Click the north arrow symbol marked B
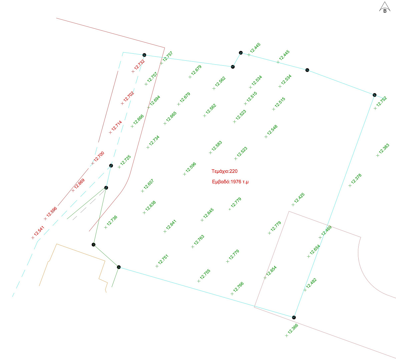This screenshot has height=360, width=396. click(x=385, y=7)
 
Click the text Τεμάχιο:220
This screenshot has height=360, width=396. click(x=224, y=171)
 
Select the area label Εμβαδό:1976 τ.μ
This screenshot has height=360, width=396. click(x=230, y=182)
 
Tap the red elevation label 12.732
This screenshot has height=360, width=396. click(x=139, y=65)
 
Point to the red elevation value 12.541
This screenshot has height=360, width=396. click(x=39, y=231)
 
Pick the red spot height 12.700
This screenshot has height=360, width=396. click(x=99, y=157)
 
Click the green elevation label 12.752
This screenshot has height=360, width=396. click(x=381, y=101)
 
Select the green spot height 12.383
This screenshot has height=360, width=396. click(x=384, y=149)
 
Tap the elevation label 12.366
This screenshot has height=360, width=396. click(x=293, y=329)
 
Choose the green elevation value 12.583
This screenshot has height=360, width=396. click(x=217, y=146)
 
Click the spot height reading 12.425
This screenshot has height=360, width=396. click(x=299, y=198)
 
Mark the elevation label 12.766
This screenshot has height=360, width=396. click(x=239, y=287)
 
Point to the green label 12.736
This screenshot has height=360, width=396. click(x=112, y=220)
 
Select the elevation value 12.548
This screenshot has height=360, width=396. click(x=272, y=130)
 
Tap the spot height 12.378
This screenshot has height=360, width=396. click(x=356, y=179)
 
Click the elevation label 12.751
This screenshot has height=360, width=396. click(x=163, y=260)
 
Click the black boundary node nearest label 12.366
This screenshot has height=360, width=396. click(x=294, y=317)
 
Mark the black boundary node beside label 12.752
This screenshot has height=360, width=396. click(x=375, y=95)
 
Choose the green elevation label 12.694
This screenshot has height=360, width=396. click(x=155, y=101)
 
